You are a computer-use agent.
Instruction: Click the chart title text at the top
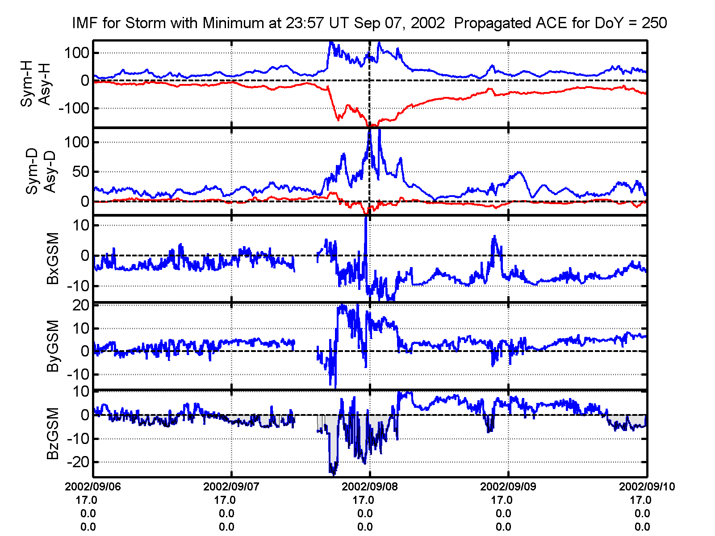369,23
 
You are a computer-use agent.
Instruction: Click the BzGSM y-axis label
53,433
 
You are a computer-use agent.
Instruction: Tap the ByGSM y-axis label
53,346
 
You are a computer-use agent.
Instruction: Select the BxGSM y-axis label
53,258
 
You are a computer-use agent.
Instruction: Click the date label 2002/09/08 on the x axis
369,486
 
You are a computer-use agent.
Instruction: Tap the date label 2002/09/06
93,486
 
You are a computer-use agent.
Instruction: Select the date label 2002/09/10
647,486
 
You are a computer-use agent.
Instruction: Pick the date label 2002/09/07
231,486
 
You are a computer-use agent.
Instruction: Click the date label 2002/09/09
508,486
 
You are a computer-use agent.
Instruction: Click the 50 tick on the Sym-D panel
81,172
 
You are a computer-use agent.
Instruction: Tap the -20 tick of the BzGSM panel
78,462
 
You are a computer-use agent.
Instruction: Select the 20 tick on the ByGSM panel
81,306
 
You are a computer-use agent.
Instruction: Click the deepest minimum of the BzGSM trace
333,473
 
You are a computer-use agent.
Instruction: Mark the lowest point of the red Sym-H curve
369,126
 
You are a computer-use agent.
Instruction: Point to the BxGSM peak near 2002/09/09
494,236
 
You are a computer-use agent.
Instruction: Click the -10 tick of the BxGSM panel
78,286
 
